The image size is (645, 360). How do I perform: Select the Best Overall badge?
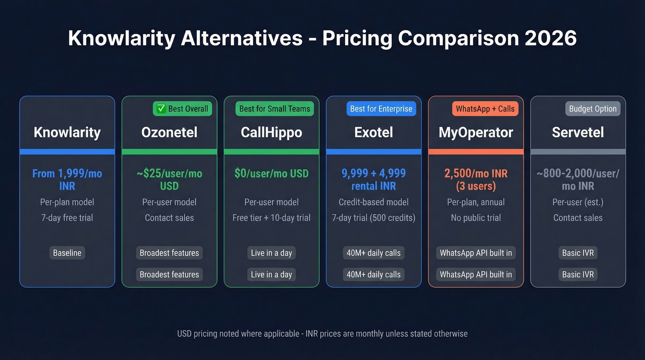point(182,109)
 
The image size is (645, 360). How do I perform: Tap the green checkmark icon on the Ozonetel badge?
point(161,109)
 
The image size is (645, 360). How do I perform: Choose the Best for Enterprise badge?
point(381,109)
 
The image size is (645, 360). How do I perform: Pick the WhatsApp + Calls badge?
point(485,109)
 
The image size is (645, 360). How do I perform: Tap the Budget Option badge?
point(592,109)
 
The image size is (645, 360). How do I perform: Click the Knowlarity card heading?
point(67,132)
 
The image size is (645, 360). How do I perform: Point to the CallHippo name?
point(271,132)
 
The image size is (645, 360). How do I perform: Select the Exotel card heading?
point(374,132)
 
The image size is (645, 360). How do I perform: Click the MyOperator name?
point(476,132)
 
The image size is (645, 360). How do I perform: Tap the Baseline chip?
point(67,253)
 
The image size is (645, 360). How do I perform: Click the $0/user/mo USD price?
point(271,174)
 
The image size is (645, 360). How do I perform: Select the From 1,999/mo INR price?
point(67,180)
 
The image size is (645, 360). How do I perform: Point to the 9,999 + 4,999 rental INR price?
point(374,180)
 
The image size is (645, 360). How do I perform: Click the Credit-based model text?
point(374,202)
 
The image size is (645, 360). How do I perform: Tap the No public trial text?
point(476,218)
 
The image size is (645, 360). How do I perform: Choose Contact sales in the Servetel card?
point(578,218)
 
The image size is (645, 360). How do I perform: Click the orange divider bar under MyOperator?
point(476,152)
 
